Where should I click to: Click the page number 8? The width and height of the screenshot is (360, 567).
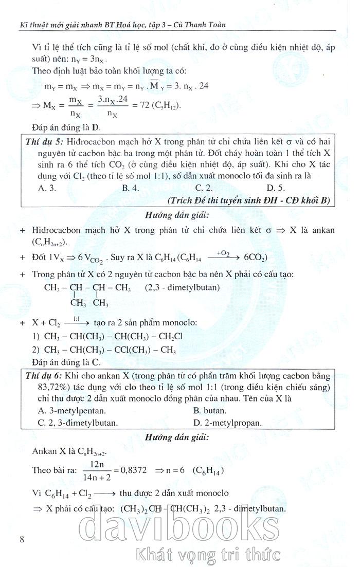pos(21,539)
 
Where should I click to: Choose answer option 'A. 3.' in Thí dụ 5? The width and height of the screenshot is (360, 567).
pos(47,188)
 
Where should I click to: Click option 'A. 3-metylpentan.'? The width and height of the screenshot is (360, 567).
pos(72,411)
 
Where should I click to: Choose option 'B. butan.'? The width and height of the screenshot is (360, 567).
pos(210,411)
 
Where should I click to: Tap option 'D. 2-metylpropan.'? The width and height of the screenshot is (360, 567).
pos(227,423)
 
